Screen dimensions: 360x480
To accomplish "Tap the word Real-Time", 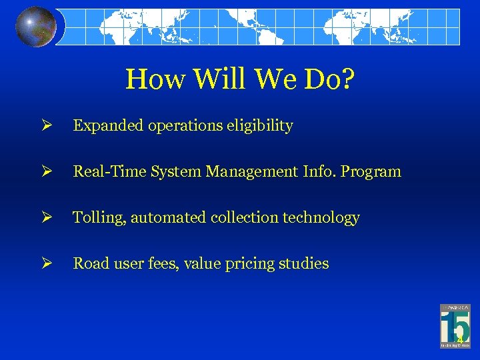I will [104, 171].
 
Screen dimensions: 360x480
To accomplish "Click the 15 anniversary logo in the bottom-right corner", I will [455, 326].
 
